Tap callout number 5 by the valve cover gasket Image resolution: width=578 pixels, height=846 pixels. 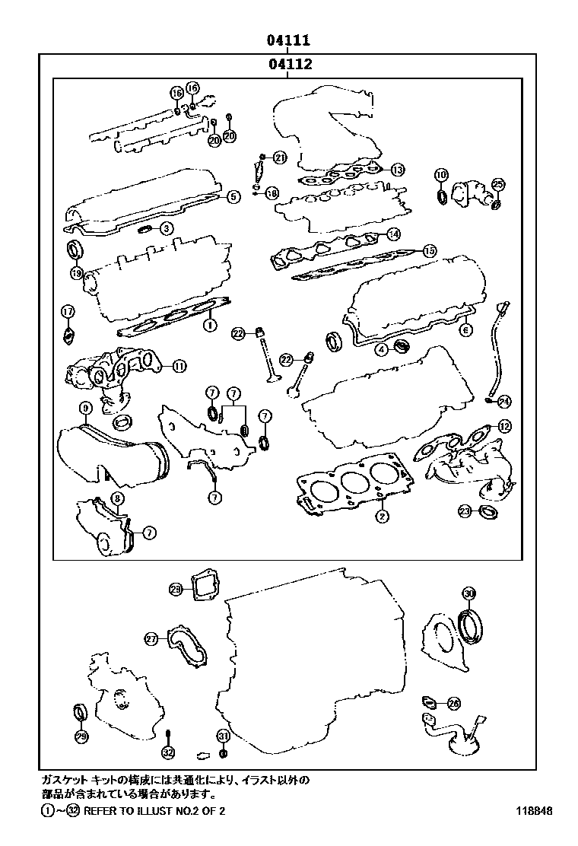(233, 196)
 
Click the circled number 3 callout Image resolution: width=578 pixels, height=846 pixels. (165, 227)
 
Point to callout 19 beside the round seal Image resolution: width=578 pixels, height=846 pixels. (76, 272)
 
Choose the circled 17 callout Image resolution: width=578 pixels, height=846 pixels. (68, 311)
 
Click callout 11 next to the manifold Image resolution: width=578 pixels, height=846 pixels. (178, 366)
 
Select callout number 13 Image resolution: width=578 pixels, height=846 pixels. (399, 169)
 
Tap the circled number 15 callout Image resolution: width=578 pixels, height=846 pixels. (429, 250)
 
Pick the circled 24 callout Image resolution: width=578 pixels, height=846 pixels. (504, 400)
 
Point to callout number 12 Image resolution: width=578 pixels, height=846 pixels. (504, 426)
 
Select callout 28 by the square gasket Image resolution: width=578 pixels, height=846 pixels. (176, 590)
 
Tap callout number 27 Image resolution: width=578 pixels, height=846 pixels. (151, 639)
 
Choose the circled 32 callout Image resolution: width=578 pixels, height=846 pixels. (168, 752)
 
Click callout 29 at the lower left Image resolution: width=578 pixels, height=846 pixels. (81, 736)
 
